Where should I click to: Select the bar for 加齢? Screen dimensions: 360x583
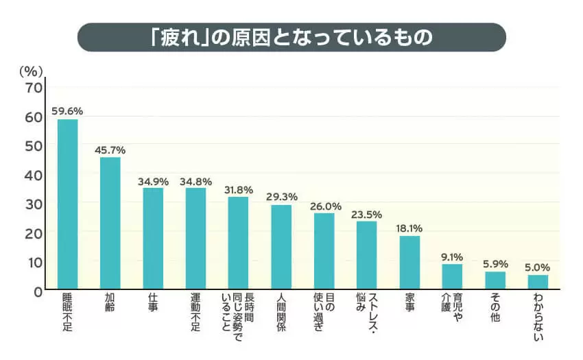click(x=110, y=224)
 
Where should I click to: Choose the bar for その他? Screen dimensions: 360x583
click(x=495, y=280)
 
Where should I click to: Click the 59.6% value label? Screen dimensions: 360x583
click(x=67, y=110)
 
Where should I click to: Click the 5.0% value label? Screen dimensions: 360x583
click(x=538, y=266)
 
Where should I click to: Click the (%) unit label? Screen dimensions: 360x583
click(x=32, y=70)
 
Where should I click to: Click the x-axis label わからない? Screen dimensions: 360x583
click(x=538, y=317)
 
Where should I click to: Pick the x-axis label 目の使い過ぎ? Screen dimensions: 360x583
click(x=324, y=313)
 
